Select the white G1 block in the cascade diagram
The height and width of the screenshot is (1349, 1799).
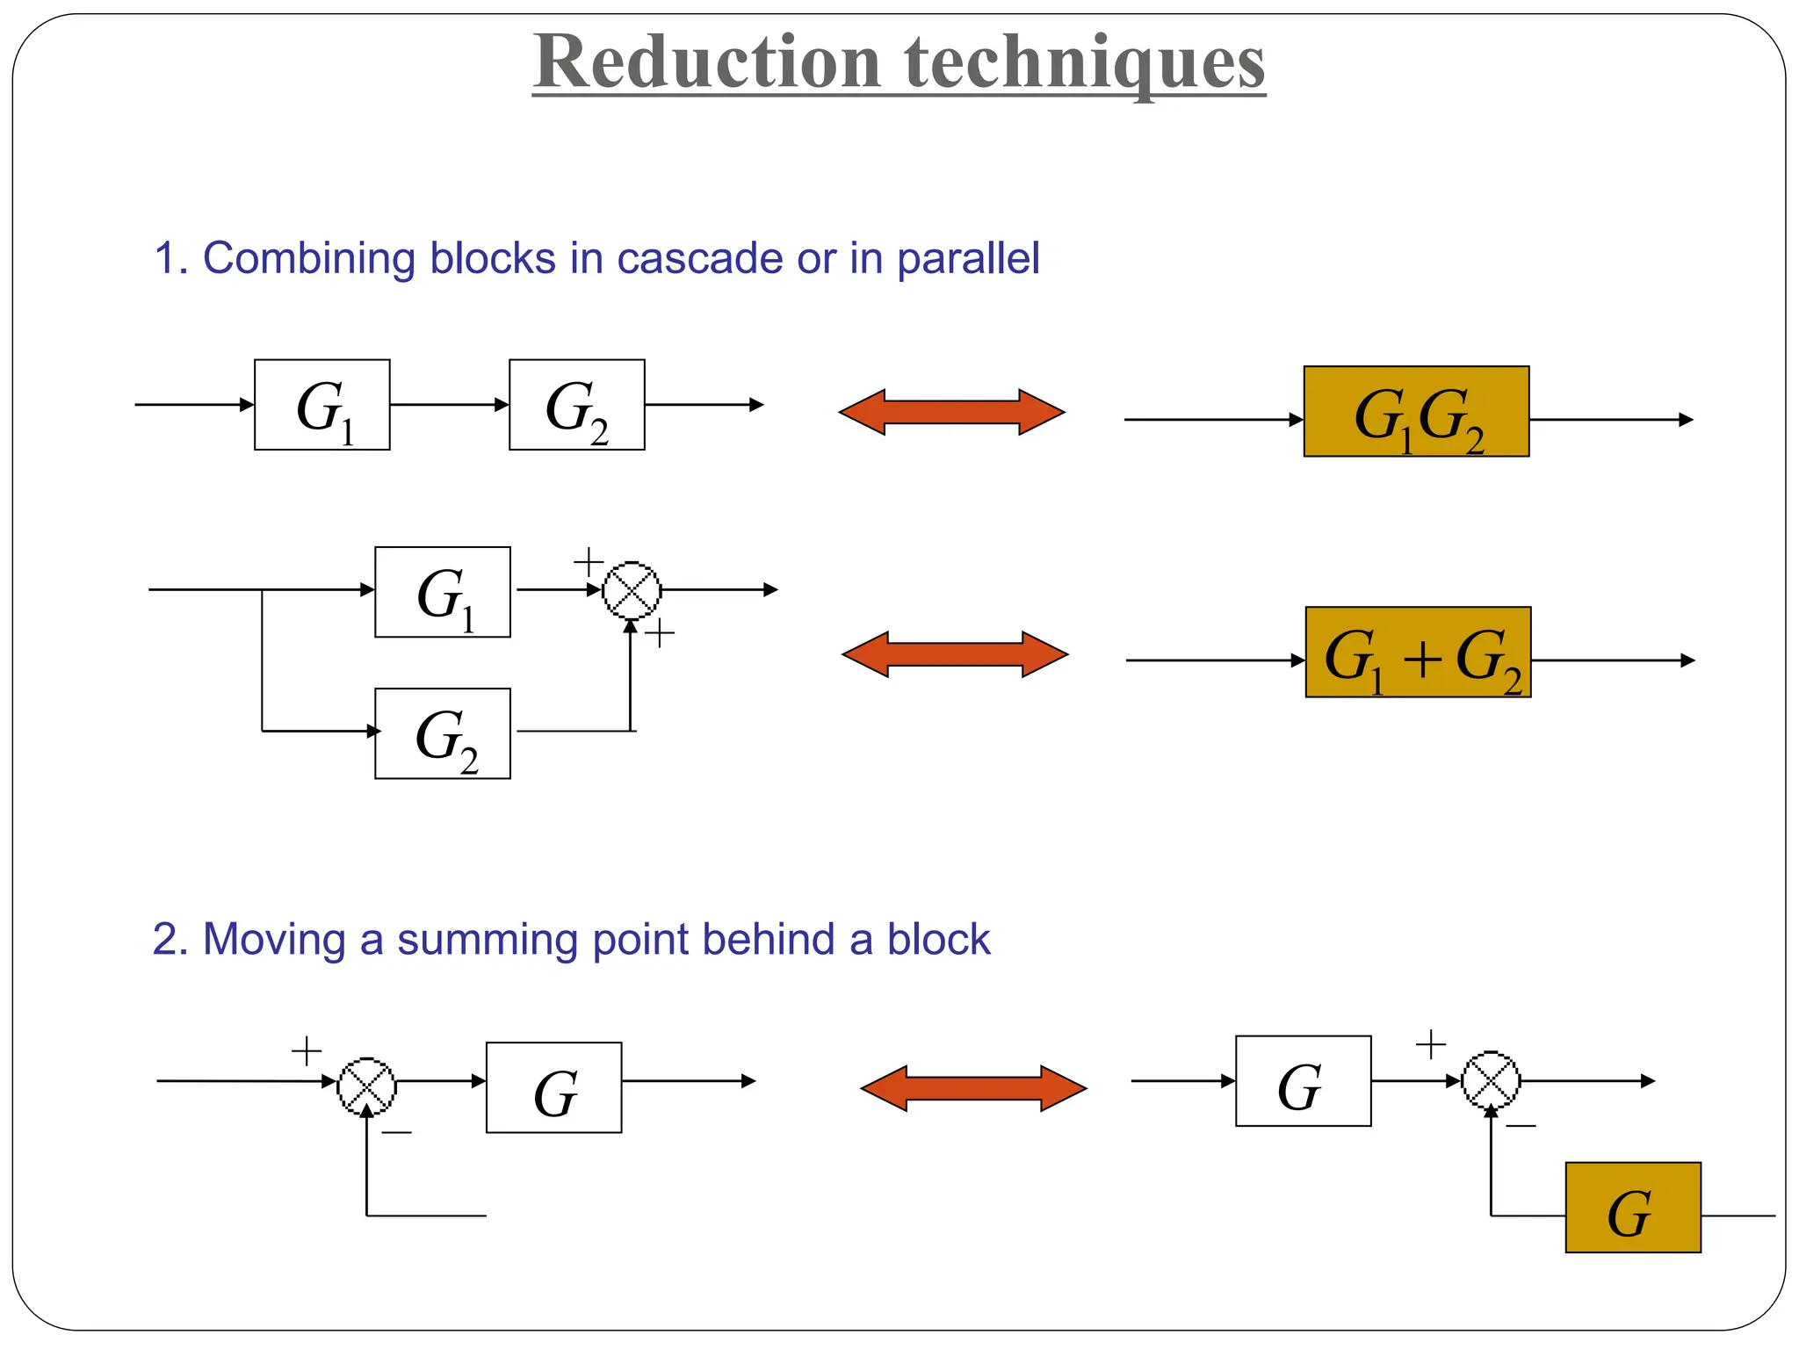pyautogui.click(x=322, y=405)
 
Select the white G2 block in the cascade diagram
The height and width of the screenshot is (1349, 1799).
pyautogui.click(x=576, y=405)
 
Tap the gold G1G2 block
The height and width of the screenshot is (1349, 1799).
pyautogui.click(x=1416, y=412)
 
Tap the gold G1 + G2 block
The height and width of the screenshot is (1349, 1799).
pyautogui.click(x=1418, y=653)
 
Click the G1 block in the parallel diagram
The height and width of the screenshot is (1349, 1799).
pyautogui.click(x=442, y=592)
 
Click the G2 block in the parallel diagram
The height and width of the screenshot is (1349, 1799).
pyautogui.click(x=442, y=733)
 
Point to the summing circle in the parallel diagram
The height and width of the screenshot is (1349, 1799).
pyautogui.click(x=632, y=590)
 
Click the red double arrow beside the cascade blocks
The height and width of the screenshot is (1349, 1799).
pyautogui.click(x=952, y=412)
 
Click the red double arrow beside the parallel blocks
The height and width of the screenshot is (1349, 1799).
pyautogui.click(x=955, y=654)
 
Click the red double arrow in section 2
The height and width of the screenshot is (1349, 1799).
pyautogui.click(x=973, y=1089)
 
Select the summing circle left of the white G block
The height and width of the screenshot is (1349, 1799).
pyautogui.click(x=367, y=1086)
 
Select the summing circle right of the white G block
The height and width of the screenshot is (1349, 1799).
pyautogui.click(x=1491, y=1080)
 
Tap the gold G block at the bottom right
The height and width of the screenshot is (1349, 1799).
pyautogui.click(x=1632, y=1208)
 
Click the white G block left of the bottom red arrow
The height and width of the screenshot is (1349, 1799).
pyautogui.click(x=553, y=1087)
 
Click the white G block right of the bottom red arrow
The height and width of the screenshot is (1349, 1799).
pyautogui.click(x=1303, y=1081)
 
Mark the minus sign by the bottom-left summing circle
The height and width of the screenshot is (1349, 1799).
pyautogui.click(x=396, y=1133)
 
